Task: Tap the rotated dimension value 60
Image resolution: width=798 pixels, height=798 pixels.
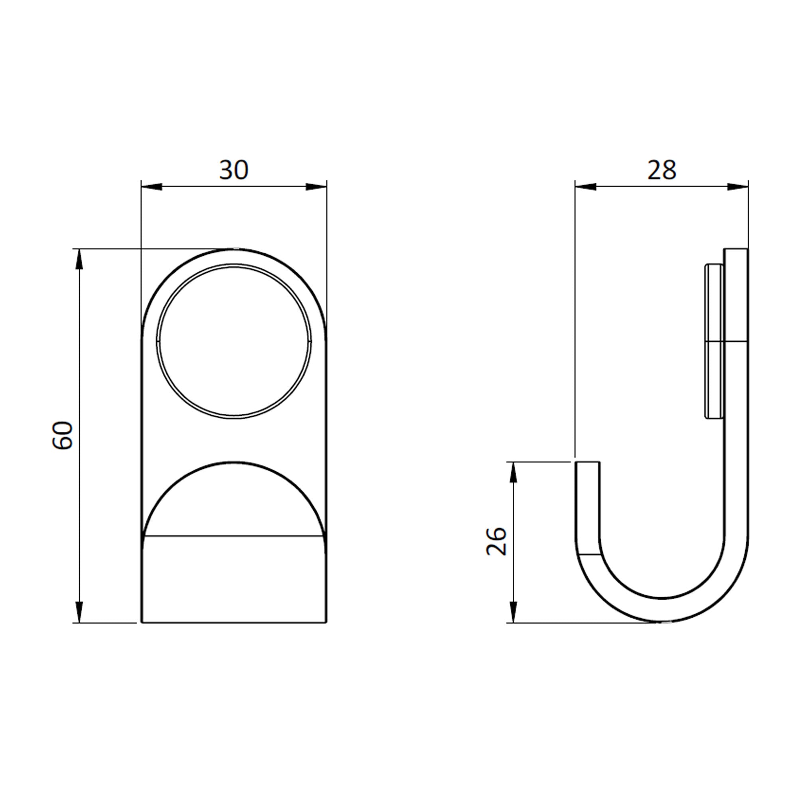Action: [x=63, y=435]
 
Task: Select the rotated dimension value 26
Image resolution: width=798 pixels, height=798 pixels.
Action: [x=496, y=541]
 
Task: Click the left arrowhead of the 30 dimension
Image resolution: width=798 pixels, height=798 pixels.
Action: [x=151, y=187]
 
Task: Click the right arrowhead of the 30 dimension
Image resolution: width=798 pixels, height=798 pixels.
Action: [x=316, y=187]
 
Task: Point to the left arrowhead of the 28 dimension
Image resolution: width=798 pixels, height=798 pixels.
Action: [x=585, y=187]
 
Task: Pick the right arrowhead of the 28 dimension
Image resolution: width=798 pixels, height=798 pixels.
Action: [x=738, y=187]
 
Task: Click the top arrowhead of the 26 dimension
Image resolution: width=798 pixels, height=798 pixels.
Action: [x=513, y=472]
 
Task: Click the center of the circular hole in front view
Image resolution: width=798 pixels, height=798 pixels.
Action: [x=234, y=341]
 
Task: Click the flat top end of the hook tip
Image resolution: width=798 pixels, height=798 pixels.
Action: [x=587, y=462]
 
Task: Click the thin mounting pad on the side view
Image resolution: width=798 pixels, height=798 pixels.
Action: [x=714, y=341]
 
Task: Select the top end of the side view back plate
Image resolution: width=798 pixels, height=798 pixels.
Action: [x=736, y=249]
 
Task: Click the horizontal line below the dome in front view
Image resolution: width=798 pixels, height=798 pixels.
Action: [x=234, y=536]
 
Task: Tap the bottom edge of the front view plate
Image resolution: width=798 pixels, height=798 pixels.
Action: [x=234, y=622]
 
